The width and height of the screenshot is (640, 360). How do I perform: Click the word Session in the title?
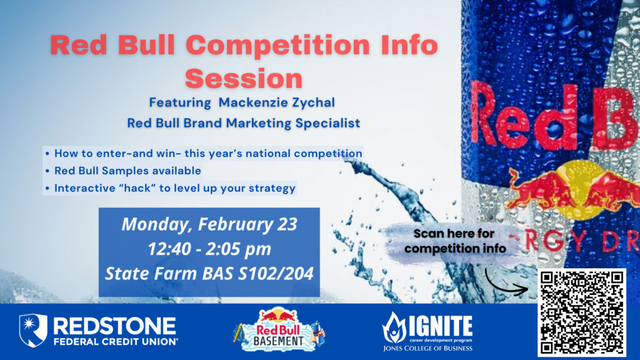pyautogui.click(x=244, y=79)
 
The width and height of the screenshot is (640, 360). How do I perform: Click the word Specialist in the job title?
pyautogui.click(x=327, y=122)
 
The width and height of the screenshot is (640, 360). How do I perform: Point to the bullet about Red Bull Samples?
pyautogui.click(x=127, y=171)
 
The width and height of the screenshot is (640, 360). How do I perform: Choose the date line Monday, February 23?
pyautogui.click(x=209, y=224)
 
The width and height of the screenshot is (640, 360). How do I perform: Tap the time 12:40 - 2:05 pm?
pyautogui.click(x=209, y=249)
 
